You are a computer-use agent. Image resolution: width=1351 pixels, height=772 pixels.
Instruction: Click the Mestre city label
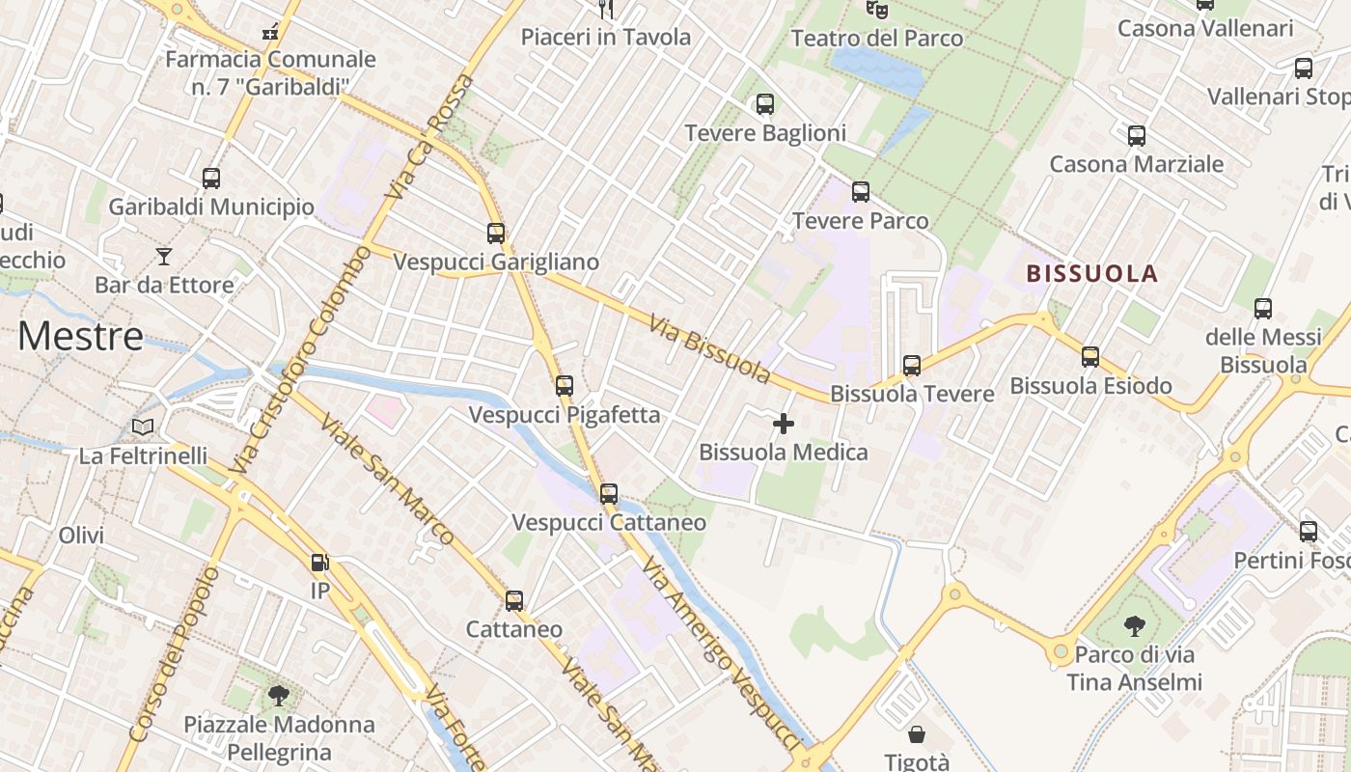(x=81, y=337)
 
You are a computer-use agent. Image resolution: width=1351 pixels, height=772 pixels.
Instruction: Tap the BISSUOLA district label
(x=1091, y=274)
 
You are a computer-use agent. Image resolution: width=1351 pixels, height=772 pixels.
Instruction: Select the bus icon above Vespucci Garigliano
(x=496, y=234)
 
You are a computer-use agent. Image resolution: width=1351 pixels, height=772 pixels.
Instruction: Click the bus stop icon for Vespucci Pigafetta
(x=565, y=386)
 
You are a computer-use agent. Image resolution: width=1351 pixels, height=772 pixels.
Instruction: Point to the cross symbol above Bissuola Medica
(x=784, y=424)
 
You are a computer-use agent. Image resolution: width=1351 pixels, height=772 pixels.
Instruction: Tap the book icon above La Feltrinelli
(x=143, y=427)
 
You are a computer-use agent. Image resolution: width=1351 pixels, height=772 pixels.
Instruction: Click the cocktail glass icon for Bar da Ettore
(x=164, y=256)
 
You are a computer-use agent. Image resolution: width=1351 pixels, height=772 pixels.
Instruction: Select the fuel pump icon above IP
(x=319, y=562)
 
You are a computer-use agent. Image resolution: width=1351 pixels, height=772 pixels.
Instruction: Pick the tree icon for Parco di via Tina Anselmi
(x=1134, y=626)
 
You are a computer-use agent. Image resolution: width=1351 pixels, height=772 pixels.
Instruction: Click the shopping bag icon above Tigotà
(x=917, y=735)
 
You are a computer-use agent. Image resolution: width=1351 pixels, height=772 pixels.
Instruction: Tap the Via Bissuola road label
(x=709, y=348)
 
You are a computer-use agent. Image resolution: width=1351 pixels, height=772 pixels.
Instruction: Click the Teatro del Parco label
(x=877, y=39)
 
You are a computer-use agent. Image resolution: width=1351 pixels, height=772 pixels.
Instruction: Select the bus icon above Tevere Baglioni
(x=765, y=104)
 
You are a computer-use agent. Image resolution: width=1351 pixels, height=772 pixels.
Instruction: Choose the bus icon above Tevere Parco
(x=861, y=192)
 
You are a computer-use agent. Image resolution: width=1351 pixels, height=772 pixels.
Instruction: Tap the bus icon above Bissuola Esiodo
(x=1090, y=357)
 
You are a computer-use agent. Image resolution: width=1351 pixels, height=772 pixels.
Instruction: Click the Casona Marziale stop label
(x=1136, y=164)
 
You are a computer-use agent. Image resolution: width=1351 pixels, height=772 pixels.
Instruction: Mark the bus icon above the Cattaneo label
(x=514, y=601)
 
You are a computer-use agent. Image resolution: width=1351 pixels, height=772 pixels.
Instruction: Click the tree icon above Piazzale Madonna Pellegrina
(x=279, y=695)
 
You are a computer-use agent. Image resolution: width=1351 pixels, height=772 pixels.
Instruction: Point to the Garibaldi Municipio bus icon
(x=211, y=179)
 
